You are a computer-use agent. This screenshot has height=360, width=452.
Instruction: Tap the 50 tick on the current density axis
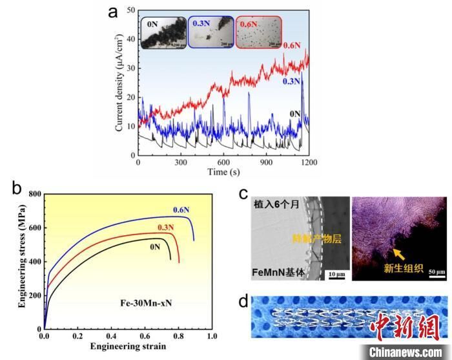130,10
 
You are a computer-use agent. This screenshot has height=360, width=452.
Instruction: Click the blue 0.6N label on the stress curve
181,209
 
